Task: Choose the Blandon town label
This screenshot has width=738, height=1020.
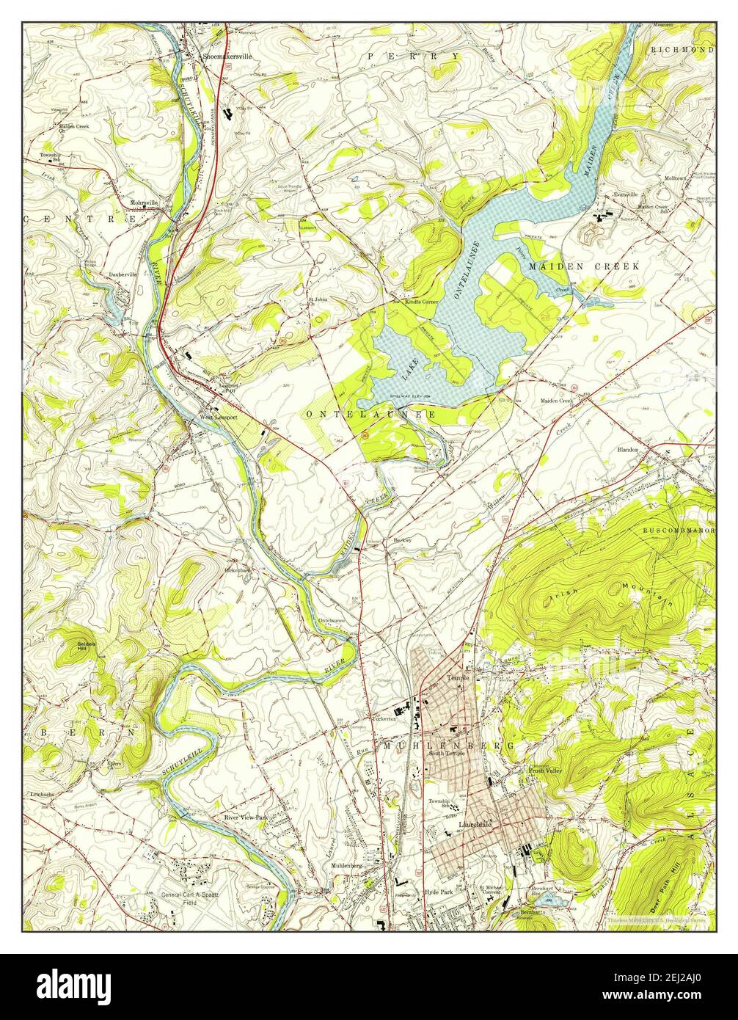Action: [x=628, y=449]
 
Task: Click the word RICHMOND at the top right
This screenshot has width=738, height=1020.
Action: [x=682, y=49]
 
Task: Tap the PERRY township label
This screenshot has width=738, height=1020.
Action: [x=414, y=56]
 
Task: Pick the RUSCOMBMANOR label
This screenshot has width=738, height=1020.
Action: [x=678, y=529]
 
